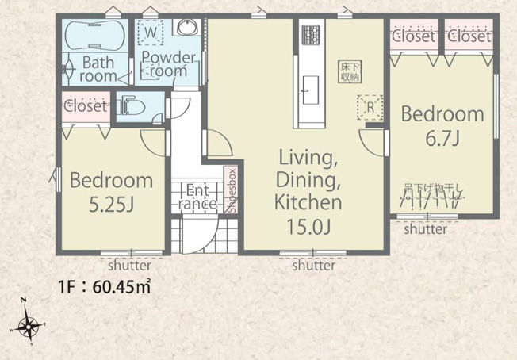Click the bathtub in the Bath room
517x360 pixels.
(95, 35)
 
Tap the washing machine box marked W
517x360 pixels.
(151, 33)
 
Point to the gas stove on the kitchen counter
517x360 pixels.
(312, 35)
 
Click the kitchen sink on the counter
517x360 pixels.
(310, 90)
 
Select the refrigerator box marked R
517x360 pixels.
(370, 107)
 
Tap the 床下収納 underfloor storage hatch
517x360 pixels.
(350, 71)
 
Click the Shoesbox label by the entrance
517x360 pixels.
(232, 190)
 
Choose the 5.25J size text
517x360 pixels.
(112, 205)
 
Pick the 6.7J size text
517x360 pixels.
(442, 139)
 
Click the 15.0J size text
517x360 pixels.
(308, 227)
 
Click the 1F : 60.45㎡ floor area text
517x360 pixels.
(105, 287)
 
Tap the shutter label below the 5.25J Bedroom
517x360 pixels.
(130, 265)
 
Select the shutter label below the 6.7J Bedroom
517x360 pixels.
(425, 229)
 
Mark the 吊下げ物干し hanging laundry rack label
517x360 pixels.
(434, 188)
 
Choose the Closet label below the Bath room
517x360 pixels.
(86, 106)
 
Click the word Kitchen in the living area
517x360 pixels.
(308, 202)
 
